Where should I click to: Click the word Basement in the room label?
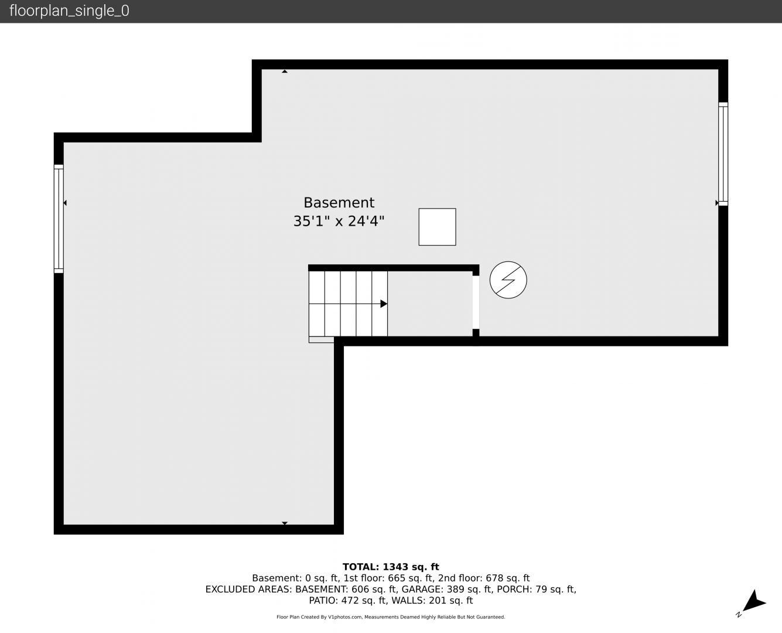coord(339,203)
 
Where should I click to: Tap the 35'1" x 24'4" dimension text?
coord(339,221)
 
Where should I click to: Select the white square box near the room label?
coord(437,227)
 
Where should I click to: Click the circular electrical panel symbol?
coord(508,280)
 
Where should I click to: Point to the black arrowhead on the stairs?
coord(384,304)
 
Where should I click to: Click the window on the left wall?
coord(59,219)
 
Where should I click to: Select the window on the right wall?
coord(723,154)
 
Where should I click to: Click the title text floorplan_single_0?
coord(69,11)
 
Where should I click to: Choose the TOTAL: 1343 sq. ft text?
coord(391,567)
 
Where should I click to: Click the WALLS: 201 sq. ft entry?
coord(432,601)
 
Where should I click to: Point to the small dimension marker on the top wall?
coord(285,72)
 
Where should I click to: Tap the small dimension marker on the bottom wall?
coord(285,523)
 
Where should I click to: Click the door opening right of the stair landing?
coord(476,302)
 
